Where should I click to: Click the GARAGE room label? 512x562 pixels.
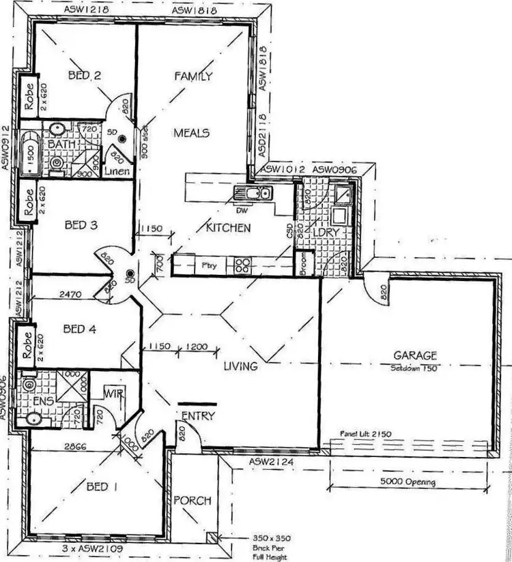(x=414, y=355)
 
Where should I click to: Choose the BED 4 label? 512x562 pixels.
(x=79, y=329)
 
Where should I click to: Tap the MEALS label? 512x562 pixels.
(x=191, y=132)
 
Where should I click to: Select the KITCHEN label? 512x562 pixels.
(x=228, y=228)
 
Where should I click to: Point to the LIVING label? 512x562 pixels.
(x=240, y=366)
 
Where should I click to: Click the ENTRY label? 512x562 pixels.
(x=199, y=415)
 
